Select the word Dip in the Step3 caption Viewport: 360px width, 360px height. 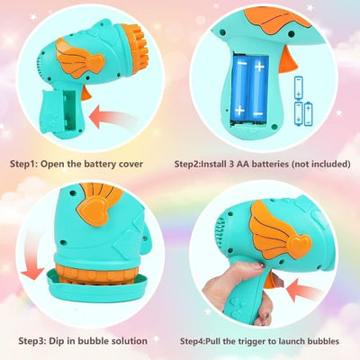(57, 341)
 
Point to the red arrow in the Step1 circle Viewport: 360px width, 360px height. (112, 117)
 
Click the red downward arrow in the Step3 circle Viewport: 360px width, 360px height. (31, 255)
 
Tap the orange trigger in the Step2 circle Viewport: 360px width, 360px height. (287, 60)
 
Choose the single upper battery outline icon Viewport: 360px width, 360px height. (299, 87)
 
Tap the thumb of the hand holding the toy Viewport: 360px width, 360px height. (250, 266)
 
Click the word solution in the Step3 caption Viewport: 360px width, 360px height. (130, 341)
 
